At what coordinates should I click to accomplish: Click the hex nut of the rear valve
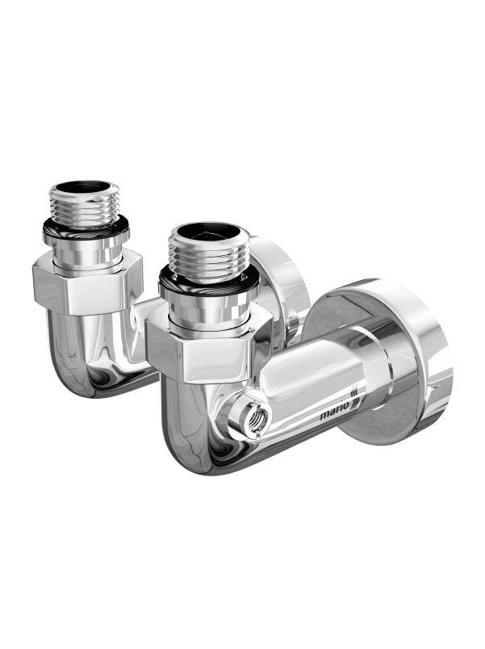[88, 282]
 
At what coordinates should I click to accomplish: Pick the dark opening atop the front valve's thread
[210, 231]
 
